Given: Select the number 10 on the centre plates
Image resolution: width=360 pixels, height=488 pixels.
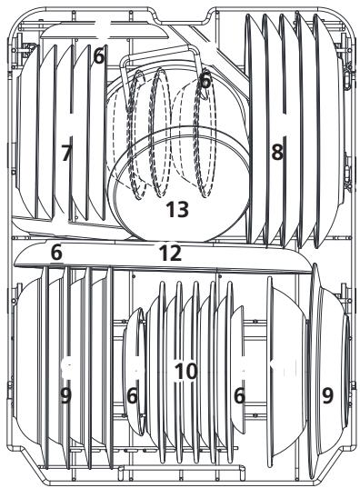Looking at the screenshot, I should coord(185,371).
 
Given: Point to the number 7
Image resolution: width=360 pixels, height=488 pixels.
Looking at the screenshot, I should coord(65,153).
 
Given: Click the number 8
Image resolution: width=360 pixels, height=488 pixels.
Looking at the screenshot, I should coord(277,153).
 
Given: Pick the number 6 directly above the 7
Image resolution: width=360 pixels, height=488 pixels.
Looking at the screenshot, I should coord(98,56).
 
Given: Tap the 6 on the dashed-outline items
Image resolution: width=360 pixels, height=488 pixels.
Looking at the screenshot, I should coord(205,81).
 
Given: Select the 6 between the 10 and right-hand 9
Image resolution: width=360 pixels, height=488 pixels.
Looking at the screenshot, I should coord(239,395).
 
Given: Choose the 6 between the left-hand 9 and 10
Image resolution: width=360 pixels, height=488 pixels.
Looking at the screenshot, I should coord(133,395).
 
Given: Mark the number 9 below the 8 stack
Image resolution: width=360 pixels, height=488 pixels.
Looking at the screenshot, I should coord(325,395).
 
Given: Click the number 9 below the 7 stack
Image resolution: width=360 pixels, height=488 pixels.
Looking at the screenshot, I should coord(65,395).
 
